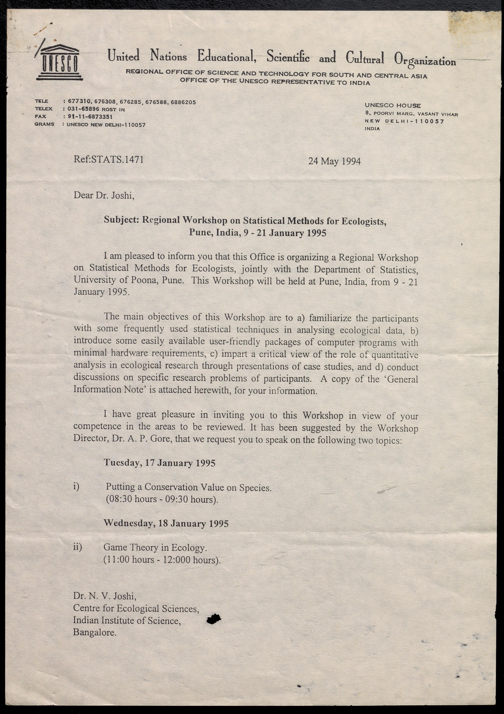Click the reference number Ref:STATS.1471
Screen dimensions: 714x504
(109, 160)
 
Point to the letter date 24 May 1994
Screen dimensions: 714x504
(334, 161)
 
